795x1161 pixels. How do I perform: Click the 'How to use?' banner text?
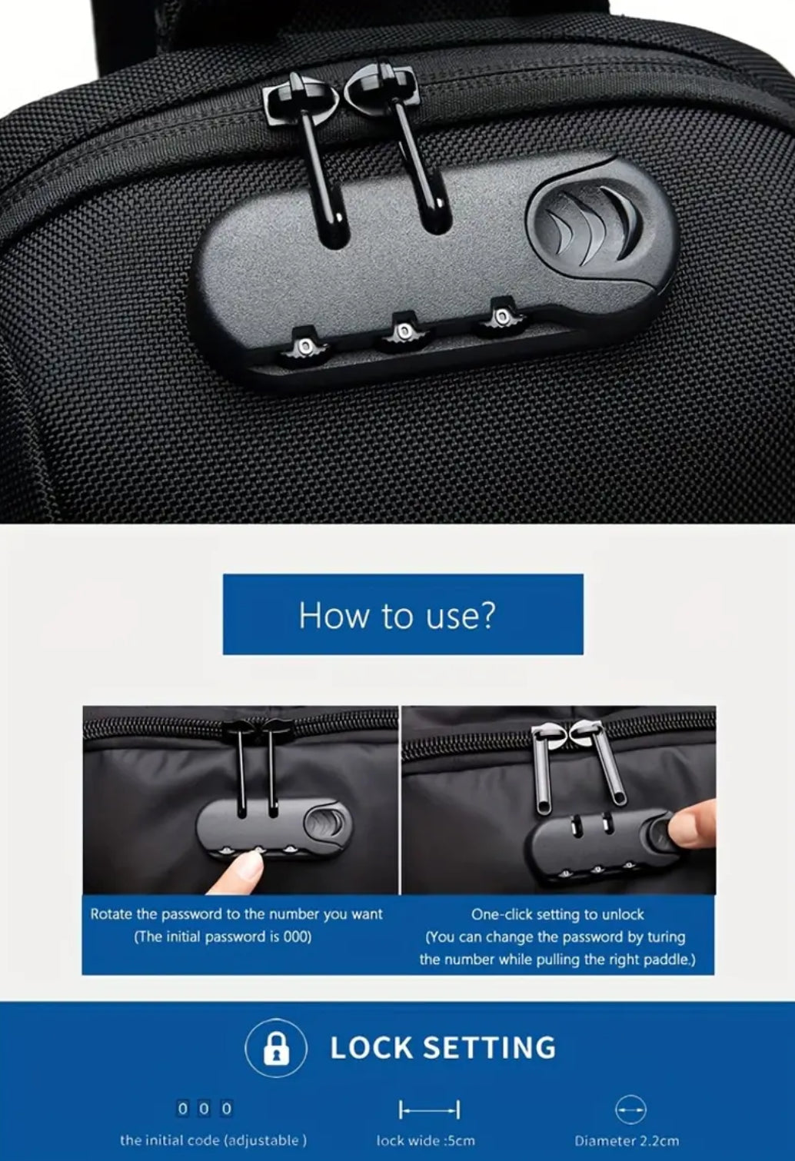397,615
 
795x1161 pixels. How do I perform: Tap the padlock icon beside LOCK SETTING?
276,1047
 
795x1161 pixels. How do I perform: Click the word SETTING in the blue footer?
489,1047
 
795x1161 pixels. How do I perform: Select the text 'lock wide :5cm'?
425,1140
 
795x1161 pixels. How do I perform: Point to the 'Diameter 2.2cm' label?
627,1140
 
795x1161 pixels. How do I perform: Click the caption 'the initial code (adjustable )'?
214,1140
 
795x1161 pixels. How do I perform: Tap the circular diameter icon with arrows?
630,1109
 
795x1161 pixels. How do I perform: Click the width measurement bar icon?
429,1109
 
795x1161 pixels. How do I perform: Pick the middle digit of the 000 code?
205,1109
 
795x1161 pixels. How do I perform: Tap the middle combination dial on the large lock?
403,331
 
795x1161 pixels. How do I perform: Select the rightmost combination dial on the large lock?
501,317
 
